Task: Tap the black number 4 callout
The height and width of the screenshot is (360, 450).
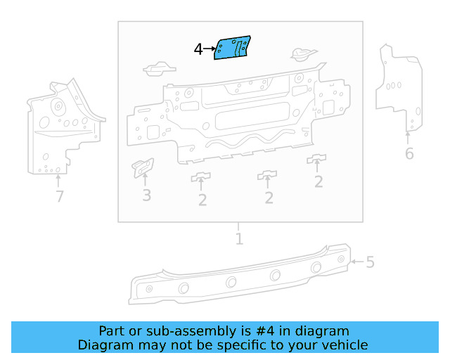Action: pos(198,49)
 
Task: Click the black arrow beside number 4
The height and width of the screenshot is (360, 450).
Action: pos(210,49)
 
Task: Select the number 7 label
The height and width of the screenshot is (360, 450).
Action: pos(60,197)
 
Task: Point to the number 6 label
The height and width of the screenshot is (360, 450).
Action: pos(409,153)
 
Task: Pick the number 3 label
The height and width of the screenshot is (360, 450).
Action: pos(146,195)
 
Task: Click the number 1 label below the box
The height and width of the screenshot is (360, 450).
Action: pos(239,239)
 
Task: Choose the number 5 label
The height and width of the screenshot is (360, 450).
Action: pos(370,262)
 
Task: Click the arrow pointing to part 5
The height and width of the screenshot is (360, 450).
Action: pos(356,262)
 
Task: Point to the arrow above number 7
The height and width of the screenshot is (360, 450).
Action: pos(59,180)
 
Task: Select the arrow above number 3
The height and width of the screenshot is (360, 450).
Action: pos(146,180)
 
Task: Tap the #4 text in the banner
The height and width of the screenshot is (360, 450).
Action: pos(267,331)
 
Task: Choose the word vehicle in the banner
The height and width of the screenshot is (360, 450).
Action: pos(343,345)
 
